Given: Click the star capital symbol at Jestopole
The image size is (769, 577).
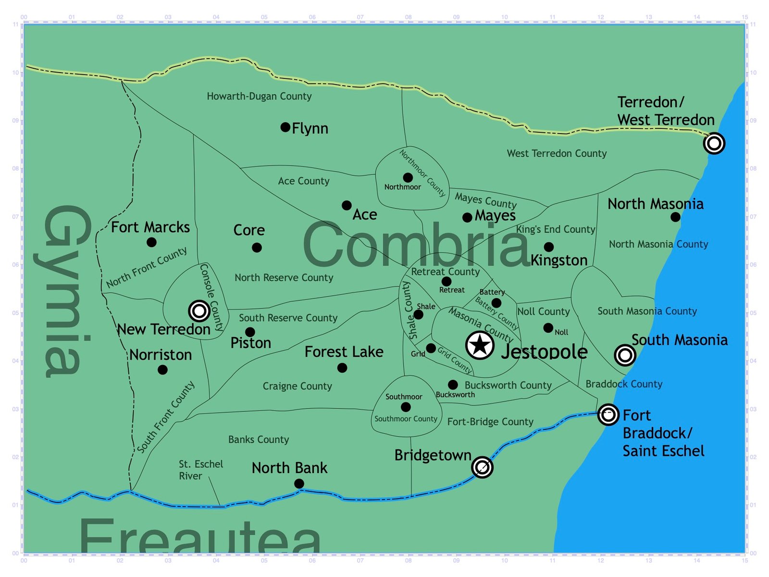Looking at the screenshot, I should click(x=480, y=345).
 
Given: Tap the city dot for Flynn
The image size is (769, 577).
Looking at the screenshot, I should click(x=285, y=127).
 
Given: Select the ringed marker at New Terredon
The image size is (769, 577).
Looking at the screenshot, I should click(x=199, y=311).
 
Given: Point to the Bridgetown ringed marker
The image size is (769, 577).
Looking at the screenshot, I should click(x=482, y=467).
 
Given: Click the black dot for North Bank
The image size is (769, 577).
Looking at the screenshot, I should click(x=299, y=483).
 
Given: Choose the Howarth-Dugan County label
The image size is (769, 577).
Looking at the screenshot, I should click(x=259, y=96).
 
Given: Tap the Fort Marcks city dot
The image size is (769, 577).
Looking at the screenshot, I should click(x=151, y=242).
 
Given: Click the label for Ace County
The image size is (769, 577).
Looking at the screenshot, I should click(x=304, y=181).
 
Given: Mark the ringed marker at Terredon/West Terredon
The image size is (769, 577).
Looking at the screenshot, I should click(x=714, y=143).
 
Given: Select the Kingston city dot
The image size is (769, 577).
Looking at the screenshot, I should click(x=549, y=247).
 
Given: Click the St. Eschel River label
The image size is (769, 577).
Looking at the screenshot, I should click(x=201, y=470).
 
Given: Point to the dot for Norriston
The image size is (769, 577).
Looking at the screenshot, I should click(x=162, y=370).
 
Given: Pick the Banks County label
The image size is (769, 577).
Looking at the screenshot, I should click(x=259, y=439).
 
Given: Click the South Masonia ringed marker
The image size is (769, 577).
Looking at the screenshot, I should click(x=625, y=355).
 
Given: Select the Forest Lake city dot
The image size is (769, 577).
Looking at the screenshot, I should click(x=342, y=368).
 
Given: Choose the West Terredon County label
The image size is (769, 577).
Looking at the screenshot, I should click(x=557, y=153).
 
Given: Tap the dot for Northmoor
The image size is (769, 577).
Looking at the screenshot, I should click(x=408, y=177).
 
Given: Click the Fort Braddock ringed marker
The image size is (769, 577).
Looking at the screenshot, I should click(x=608, y=414).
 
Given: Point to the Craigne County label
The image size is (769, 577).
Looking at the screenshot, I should click(x=297, y=386).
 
